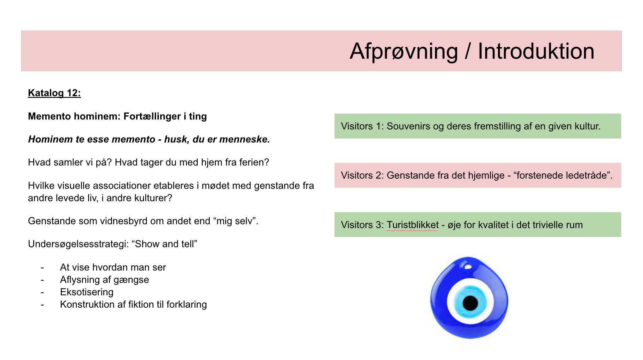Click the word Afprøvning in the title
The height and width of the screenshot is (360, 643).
[x=404, y=52]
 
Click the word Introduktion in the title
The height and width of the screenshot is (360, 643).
[x=536, y=51]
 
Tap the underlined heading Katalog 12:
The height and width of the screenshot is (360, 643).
[x=54, y=93]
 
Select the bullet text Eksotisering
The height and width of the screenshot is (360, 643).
[x=87, y=292]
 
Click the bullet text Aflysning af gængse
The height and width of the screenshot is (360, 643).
[x=104, y=280]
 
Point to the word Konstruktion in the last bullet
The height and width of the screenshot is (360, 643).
[x=87, y=304]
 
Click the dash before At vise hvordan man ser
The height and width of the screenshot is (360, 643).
[x=42, y=268]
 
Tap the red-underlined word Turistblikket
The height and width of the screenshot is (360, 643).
[x=412, y=225]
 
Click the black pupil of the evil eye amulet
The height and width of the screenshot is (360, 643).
[x=470, y=303]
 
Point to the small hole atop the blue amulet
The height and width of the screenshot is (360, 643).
[x=468, y=266]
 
